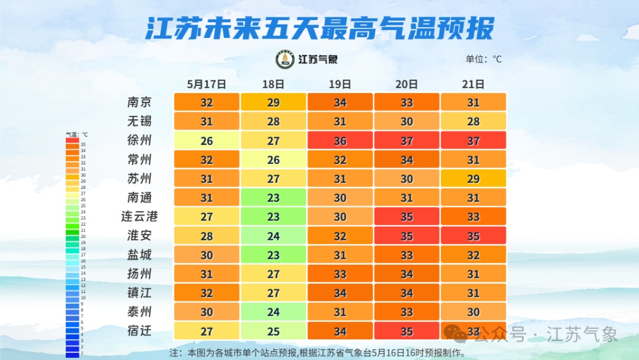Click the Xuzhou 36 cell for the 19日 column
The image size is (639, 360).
coord(340,140)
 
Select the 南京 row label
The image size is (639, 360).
coord(140,102)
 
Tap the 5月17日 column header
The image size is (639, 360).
coord(206,84)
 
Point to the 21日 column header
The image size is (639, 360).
coord(473,84)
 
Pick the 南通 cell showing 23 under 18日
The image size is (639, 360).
coord(273,197)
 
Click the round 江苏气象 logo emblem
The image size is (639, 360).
coord(285,59)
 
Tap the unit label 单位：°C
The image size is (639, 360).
coord(483,59)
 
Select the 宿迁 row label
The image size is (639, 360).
coord(140,330)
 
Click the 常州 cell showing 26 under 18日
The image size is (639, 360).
coord(273,159)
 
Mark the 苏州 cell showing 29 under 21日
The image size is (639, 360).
coord(473,178)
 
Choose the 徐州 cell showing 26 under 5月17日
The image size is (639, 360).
coord(206,140)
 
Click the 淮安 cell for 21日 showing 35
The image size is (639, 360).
coord(473,236)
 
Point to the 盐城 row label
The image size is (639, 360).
coord(140,255)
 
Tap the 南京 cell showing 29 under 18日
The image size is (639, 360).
coord(273,102)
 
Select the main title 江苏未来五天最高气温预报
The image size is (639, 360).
coord(319,28)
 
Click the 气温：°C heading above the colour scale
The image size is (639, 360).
coord(76,135)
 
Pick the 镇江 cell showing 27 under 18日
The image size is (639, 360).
coord(273,292)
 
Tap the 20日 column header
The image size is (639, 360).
coord(406,84)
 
